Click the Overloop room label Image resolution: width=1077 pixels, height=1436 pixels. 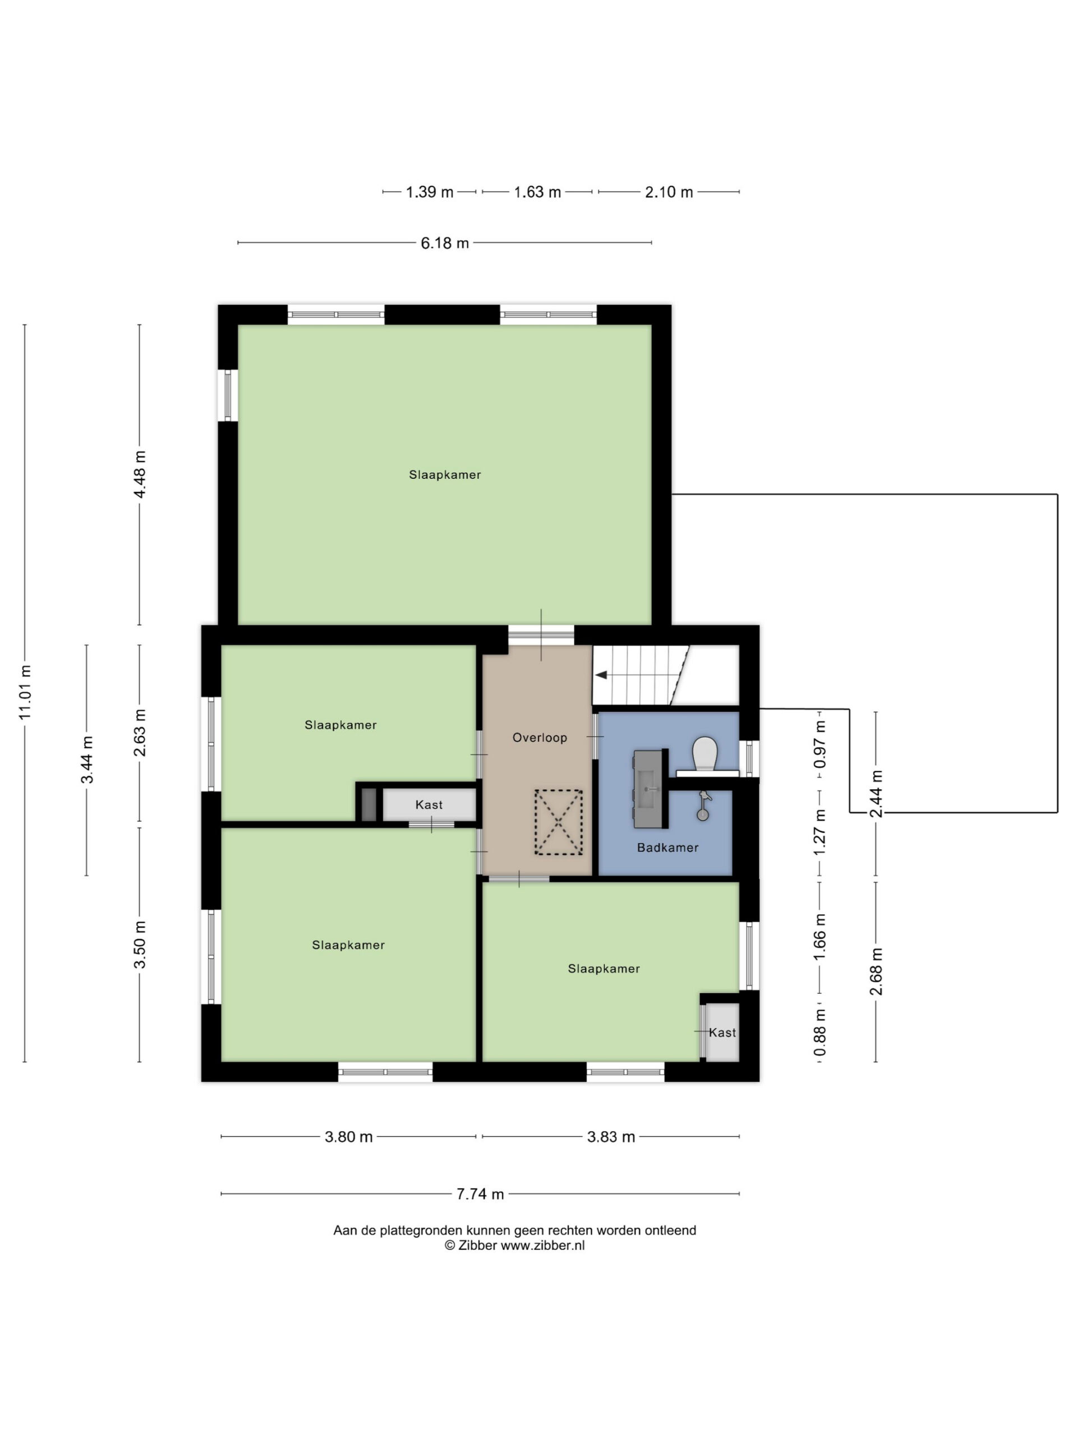point(540,738)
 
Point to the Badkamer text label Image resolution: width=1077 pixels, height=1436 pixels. point(668,847)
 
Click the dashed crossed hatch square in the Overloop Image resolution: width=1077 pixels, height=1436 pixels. point(558,822)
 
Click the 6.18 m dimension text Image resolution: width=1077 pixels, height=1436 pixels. point(445,243)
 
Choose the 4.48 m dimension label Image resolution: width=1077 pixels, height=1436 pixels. point(140,474)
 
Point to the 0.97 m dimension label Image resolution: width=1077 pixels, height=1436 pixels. point(820,744)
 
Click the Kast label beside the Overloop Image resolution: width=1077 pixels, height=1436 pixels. point(429,805)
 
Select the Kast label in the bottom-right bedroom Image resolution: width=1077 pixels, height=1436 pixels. point(722,1033)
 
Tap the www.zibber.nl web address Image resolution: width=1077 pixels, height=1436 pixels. point(543,1245)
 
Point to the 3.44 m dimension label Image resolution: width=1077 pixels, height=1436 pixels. point(87,760)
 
